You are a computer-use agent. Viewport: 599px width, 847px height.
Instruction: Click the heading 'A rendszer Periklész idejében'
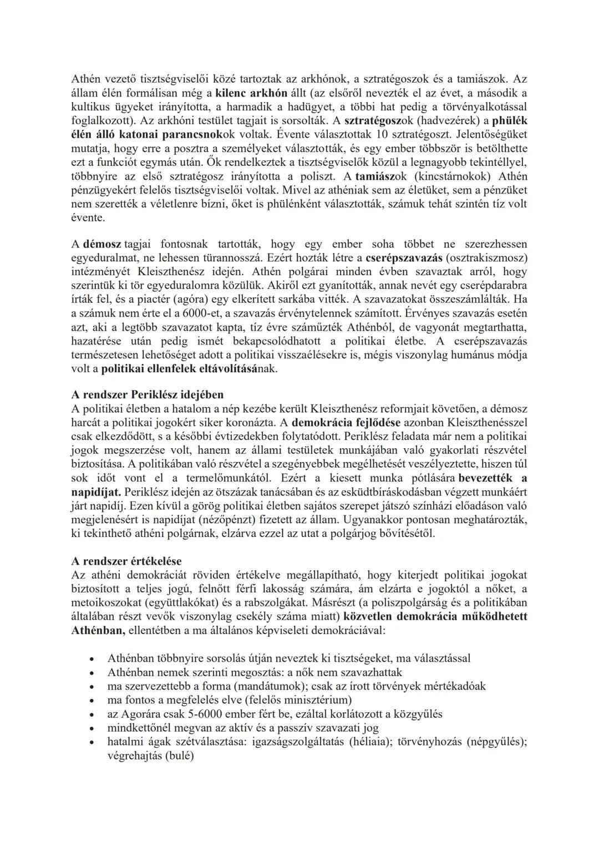click(x=148, y=395)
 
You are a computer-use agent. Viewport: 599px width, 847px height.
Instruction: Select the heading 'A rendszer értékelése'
click(x=126, y=561)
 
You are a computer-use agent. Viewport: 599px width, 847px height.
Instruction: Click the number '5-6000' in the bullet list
click(x=207, y=714)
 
